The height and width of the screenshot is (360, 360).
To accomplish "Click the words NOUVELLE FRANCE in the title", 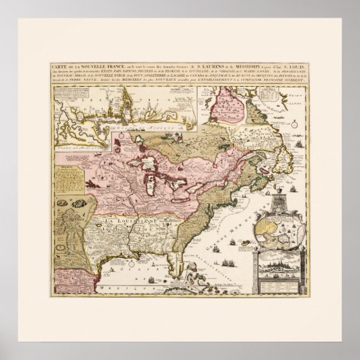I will coord(88,65).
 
